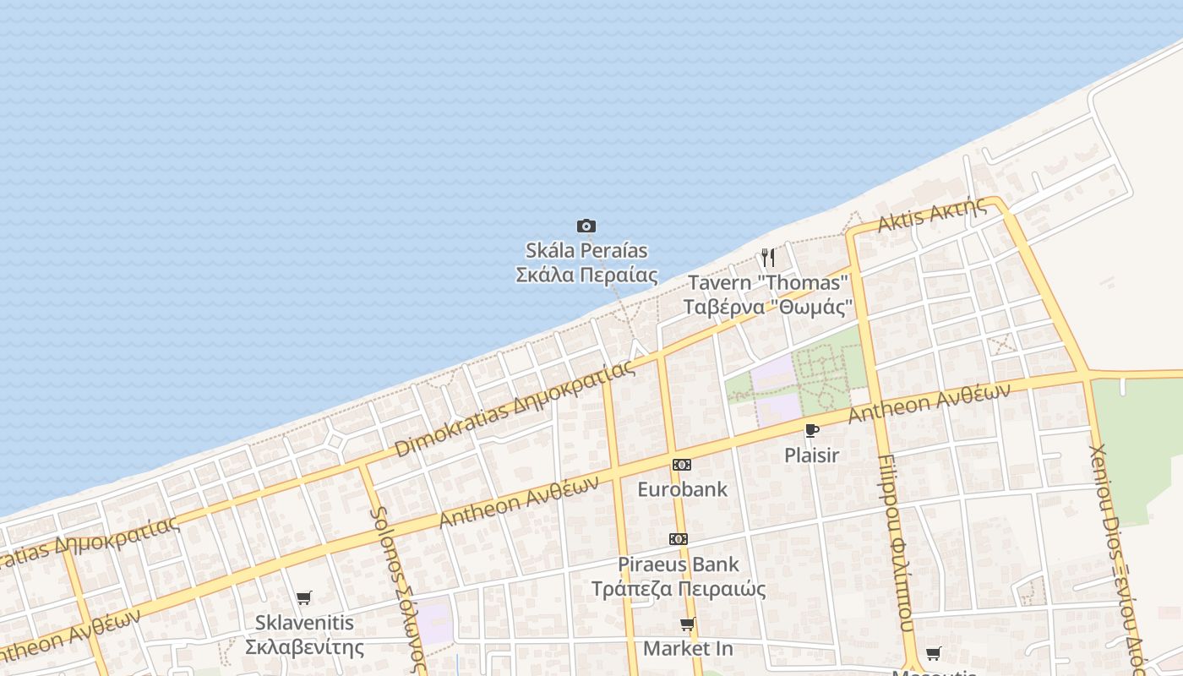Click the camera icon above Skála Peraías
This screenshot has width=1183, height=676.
pos(586,226)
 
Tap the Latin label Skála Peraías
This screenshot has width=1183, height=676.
pos(586,250)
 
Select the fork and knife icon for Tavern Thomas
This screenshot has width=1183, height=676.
pos(768,257)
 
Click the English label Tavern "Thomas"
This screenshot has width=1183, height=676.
pos(767,282)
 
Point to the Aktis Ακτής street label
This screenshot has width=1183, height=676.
pos(932,215)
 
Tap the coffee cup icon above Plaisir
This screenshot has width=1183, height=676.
pos(812,431)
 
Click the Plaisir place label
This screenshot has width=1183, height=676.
pos(812,455)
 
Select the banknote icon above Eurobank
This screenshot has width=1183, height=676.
pos(682,465)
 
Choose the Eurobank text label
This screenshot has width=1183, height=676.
pos(682,489)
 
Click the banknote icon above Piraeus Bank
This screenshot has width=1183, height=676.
pos(679,539)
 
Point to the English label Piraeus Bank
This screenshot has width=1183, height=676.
pos(679,564)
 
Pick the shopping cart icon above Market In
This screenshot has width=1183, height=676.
pos(688,624)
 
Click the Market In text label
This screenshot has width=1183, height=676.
pos(688,649)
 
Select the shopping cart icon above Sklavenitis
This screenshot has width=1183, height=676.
pos(304,598)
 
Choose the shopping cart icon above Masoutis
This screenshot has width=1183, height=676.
pos(934,653)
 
